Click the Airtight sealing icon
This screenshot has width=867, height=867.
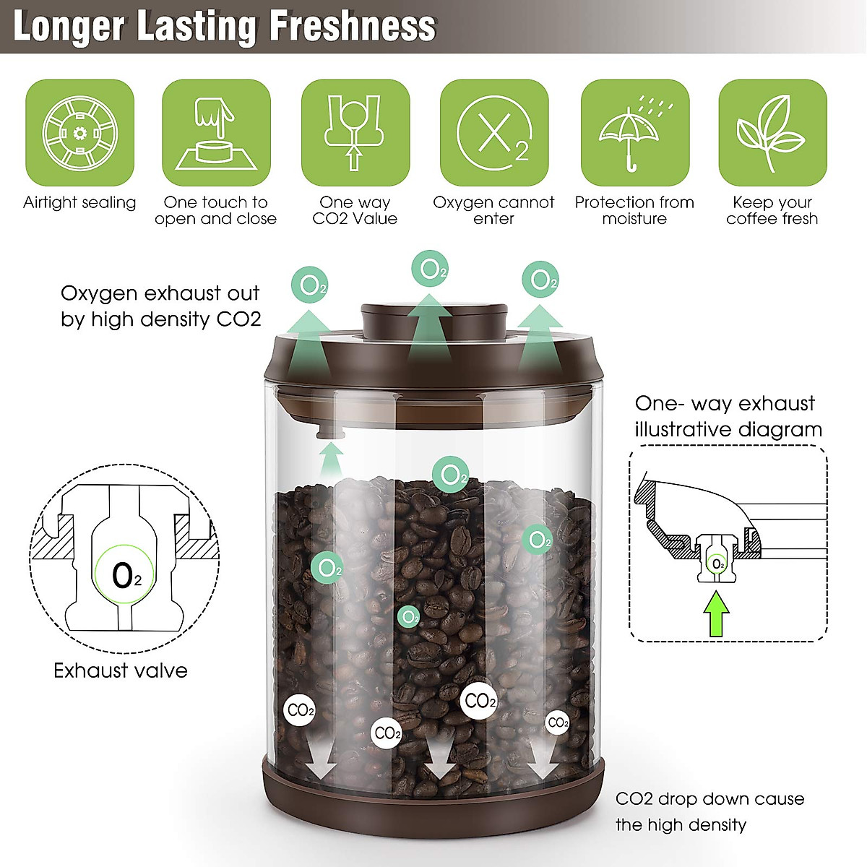[79, 133]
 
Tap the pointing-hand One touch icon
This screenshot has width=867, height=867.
[216, 133]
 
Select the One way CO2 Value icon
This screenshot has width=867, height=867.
[355, 133]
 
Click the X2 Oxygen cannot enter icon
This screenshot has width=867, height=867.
[494, 133]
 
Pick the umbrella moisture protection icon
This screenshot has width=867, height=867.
[634, 133]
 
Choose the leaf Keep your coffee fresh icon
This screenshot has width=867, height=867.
[772, 133]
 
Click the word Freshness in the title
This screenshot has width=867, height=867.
[353, 26]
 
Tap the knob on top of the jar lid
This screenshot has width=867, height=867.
[431, 321]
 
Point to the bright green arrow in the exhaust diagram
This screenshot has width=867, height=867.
[716, 613]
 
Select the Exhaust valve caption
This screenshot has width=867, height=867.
[121, 670]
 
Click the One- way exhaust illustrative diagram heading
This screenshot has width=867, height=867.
[728, 416]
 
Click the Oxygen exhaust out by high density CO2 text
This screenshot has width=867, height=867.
[160, 306]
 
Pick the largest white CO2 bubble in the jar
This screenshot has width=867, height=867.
[479, 700]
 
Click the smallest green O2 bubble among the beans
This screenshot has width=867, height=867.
[409, 617]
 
